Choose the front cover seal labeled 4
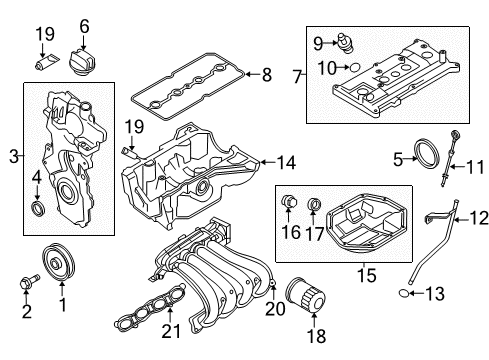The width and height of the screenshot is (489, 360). tap(40, 208)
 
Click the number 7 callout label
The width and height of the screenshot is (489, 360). tap(297, 75)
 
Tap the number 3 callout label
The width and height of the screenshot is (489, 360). tap(13, 154)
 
